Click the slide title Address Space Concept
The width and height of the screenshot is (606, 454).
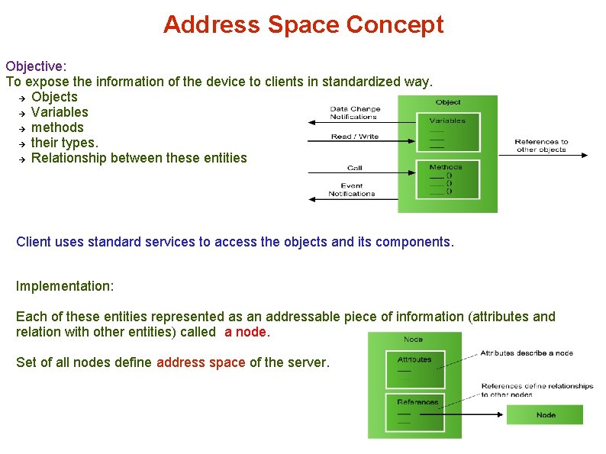pos(303,24)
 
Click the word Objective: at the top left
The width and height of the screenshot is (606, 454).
pos(36,66)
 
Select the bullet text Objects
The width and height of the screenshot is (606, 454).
pos(54,97)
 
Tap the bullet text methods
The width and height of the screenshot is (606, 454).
pos(57,127)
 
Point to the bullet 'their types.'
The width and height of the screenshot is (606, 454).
pos(65,143)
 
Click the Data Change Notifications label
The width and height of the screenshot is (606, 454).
pos(354,113)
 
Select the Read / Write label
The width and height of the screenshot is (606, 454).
pos(354,137)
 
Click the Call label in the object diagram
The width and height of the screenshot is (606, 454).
pos(354,168)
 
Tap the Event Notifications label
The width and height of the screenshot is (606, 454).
pos(351,190)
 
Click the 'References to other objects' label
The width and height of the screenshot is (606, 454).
pos(541,145)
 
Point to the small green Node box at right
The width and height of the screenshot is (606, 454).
pos(545,415)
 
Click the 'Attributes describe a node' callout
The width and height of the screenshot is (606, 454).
pos(526,353)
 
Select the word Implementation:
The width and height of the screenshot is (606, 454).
pos(65,286)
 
